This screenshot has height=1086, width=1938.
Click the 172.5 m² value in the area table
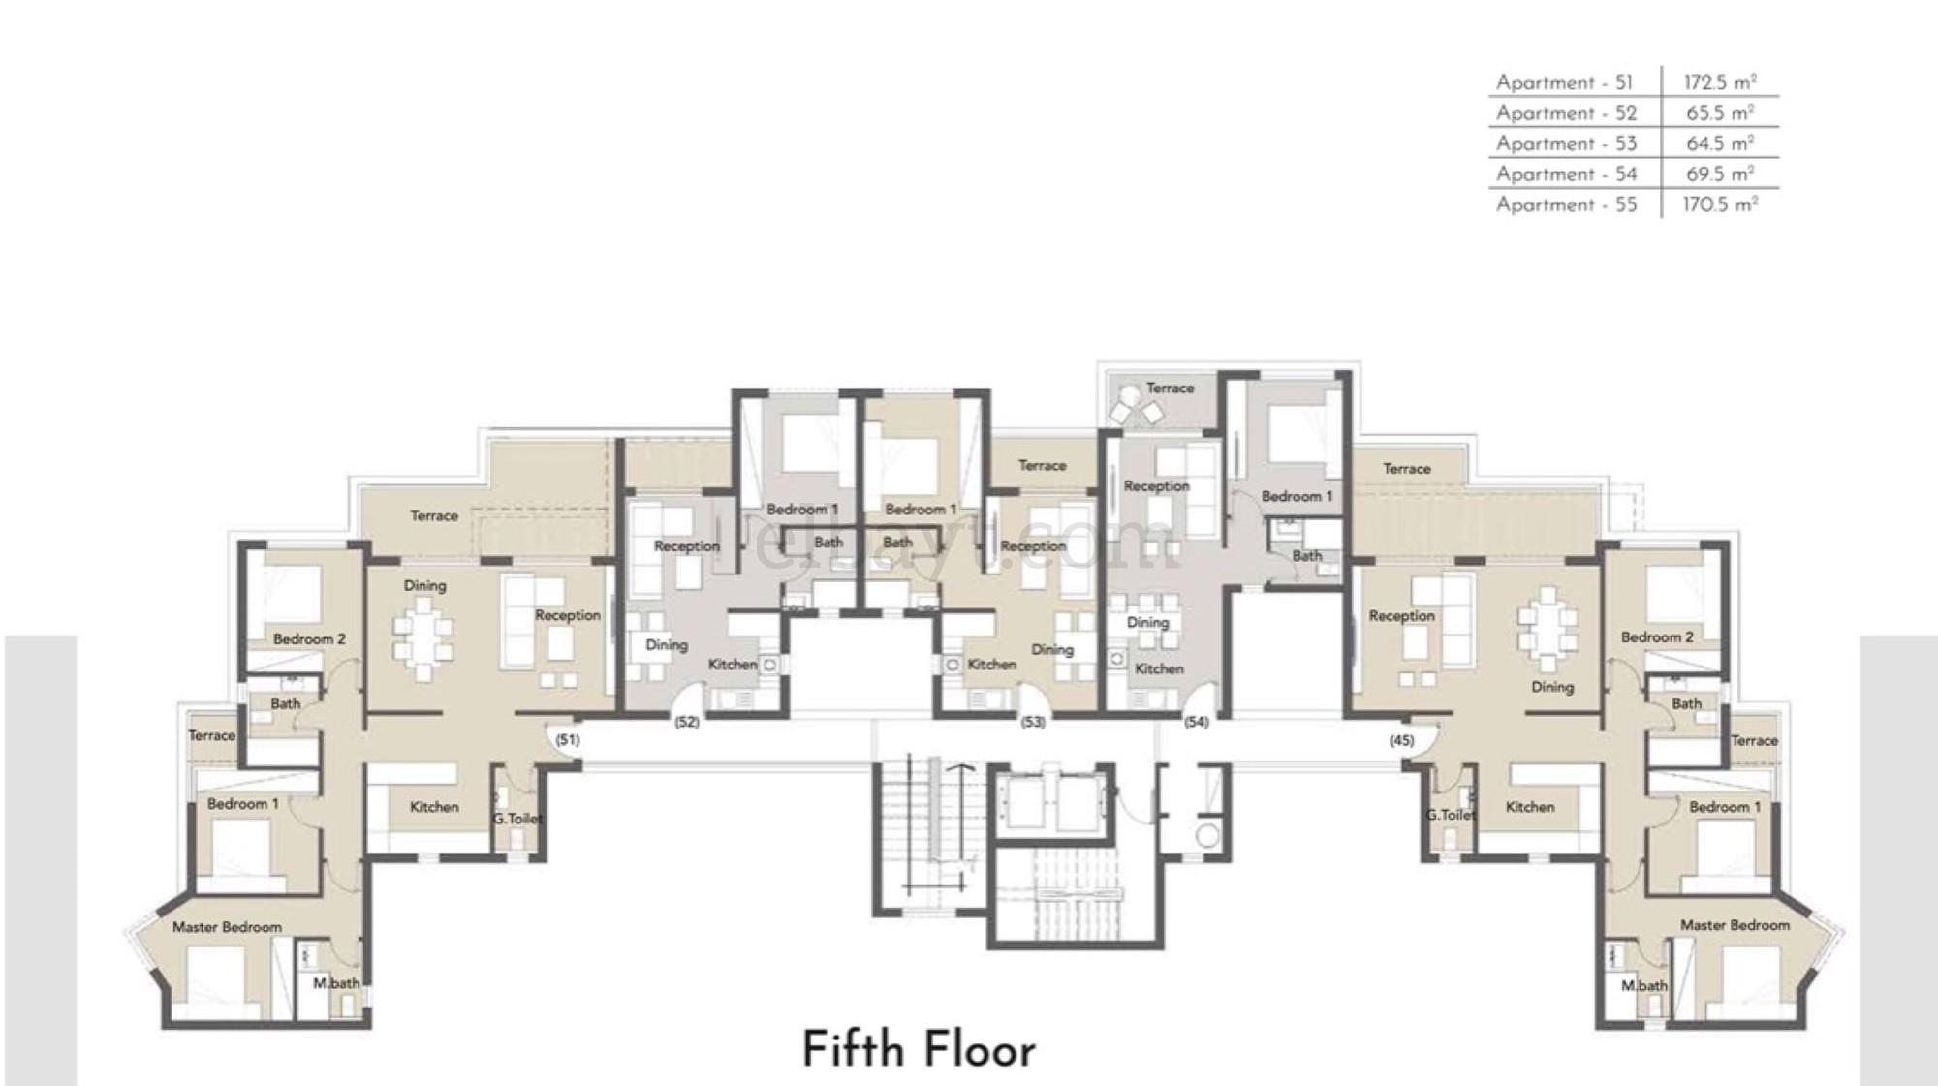pyautogui.click(x=1720, y=82)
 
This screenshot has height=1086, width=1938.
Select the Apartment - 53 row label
pyautogui.click(x=1566, y=143)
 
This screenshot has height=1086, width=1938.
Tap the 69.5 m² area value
pyautogui.click(x=1720, y=174)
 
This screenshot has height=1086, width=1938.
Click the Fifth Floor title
pyautogui.click(x=919, y=1050)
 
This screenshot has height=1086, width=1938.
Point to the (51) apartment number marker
pyautogui.click(x=568, y=740)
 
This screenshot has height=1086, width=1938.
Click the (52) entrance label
pyautogui.click(x=687, y=722)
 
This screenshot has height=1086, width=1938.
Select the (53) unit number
pyautogui.click(x=1033, y=722)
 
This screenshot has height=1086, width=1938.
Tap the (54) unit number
pyautogui.click(x=1197, y=722)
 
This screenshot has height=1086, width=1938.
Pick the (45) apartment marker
pyautogui.click(x=1401, y=740)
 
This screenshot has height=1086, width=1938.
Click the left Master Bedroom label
pyautogui.click(x=227, y=927)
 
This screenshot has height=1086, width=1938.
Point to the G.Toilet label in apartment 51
pyautogui.click(x=516, y=819)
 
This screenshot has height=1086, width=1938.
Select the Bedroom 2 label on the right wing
pyautogui.click(x=1657, y=637)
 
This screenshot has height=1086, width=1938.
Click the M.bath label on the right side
pyautogui.click(x=1644, y=986)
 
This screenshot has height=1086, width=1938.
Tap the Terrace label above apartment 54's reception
pyautogui.click(x=1170, y=388)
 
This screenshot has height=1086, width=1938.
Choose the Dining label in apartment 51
pyautogui.click(x=424, y=586)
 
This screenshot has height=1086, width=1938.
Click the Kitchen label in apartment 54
pyautogui.click(x=1159, y=668)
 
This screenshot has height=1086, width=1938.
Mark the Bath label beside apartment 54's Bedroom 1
pyautogui.click(x=1307, y=556)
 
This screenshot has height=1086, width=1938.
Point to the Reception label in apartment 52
pyautogui.click(x=687, y=546)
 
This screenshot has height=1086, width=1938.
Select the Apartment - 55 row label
pyautogui.click(x=1566, y=204)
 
